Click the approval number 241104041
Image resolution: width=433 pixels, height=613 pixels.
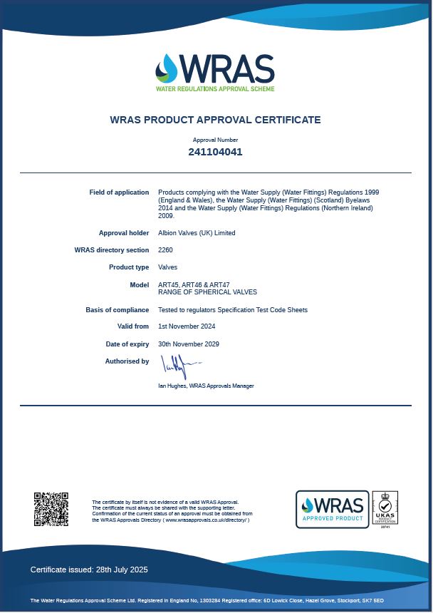click(215, 152)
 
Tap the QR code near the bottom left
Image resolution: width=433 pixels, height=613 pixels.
click(51, 509)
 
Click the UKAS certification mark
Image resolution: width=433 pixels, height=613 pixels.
click(385, 508)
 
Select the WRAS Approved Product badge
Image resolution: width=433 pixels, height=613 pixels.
click(333, 509)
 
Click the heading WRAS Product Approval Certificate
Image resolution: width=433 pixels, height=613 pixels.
click(215, 120)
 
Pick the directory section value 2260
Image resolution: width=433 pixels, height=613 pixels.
click(165, 250)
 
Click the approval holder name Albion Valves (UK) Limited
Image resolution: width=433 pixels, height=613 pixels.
click(197, 233)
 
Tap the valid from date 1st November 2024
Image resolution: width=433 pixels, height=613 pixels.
click(187, 326)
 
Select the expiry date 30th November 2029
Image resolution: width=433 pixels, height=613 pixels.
click(189, 344)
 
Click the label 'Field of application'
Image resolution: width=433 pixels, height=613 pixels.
click(119, 192)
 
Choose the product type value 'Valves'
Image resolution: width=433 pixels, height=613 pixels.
click(168, 267)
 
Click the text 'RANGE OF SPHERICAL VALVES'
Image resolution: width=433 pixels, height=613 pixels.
click(207, 292)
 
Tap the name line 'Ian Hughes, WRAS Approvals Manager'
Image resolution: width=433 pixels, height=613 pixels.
click(206, 386)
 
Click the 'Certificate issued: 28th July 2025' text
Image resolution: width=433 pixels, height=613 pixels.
click(89, 570)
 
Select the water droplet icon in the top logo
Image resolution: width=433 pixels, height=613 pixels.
click(167, 69)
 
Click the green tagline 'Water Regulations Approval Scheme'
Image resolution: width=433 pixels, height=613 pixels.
click(215, 89)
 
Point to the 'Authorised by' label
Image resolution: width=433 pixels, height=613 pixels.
click(127, 361)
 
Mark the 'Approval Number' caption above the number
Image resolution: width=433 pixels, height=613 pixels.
click(215, 140)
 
